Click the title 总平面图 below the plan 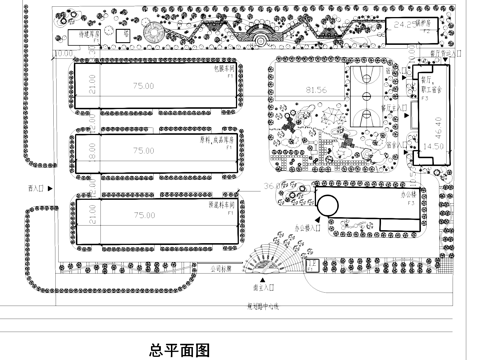click(x=179, y=350)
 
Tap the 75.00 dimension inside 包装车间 click(x=144, y=87)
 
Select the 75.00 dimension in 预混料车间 click(x=144, y=215)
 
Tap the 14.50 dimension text click(x=433, y=147)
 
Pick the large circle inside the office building click(x=327, y=204)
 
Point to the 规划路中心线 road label click(x=263, y=306)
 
